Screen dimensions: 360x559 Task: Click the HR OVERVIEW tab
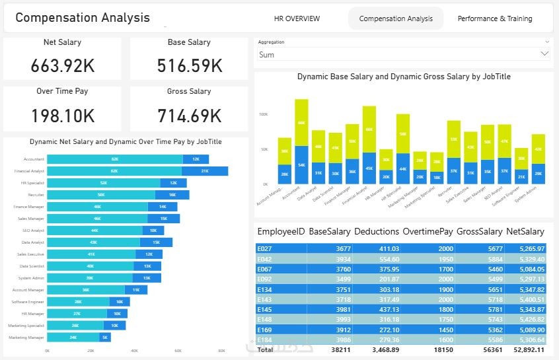tap(297, 18)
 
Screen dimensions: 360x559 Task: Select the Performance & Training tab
tap(494, 18)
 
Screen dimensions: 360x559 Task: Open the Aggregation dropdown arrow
tap(544, 54)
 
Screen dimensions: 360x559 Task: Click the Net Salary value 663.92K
tap(63, 66)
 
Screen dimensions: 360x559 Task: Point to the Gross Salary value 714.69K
tap(189, 116)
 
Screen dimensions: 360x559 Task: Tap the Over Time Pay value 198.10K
tap(63, 116)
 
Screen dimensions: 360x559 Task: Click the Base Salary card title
tap(189, 42)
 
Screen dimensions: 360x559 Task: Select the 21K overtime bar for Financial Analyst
tap(205, 171)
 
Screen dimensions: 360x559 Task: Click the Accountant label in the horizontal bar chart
tap(34, 159)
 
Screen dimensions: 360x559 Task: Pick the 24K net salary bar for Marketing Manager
tap(73, 337)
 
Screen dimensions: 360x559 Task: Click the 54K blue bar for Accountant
tap(302, 164)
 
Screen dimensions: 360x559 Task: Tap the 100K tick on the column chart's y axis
tap(263, 114)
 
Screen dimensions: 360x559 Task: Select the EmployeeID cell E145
tap(264, 309)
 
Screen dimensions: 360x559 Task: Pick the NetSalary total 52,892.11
tap(525, 349)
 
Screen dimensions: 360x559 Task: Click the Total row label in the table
tap(265, 349)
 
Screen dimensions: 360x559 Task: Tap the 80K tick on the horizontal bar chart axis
tap(221, 351)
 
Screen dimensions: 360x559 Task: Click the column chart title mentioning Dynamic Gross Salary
tap(403, 77)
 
